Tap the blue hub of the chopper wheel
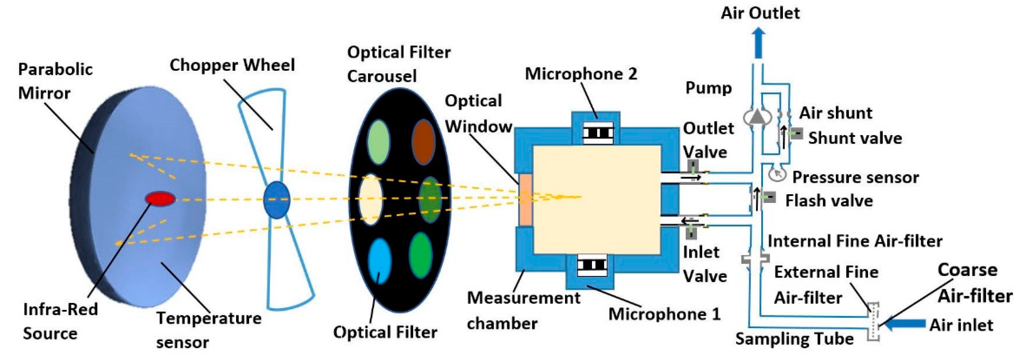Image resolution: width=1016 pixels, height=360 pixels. point(276,200)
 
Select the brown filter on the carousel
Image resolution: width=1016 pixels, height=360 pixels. point(423,142)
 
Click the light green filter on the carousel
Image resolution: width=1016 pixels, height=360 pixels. point(378,142)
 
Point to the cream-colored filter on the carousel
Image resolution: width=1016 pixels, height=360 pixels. point(370,199)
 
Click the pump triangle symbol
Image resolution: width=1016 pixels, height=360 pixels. point(757,117)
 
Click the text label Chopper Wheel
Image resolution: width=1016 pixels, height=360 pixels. point(232,65)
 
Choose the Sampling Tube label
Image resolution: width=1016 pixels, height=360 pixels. point(794,339)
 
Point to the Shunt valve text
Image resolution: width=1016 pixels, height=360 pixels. point(855,138)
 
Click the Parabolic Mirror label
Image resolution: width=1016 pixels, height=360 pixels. point(55,81)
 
